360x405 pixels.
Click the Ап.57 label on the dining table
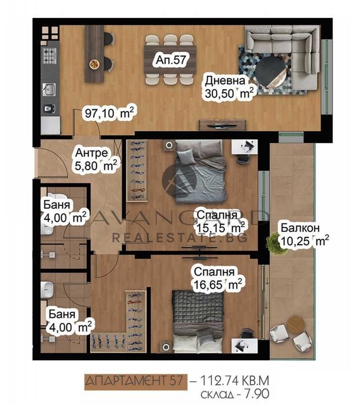(x=171, y=60)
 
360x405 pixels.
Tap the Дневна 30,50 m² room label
(x=228, y=87)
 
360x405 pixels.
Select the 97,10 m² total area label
(x=109, y=113)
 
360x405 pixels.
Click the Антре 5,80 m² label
(x=95, y=160)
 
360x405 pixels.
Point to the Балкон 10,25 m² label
(x=304, y=234)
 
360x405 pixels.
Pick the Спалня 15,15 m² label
(x=221, y=222)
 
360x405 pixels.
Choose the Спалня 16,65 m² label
(x=218, y=278)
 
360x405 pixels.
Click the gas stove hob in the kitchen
(x=50, y=56)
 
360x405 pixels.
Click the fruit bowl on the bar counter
(x=94, y=64)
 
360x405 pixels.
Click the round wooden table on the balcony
(x=296, y=324)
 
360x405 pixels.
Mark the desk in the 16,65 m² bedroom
(x=244, y=345)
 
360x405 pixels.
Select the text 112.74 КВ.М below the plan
(x=234, y=381)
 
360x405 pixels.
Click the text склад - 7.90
(x=234, y=394)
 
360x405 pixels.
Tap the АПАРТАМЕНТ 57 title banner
(x=135, y=381)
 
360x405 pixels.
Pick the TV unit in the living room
(x=222, y=125)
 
